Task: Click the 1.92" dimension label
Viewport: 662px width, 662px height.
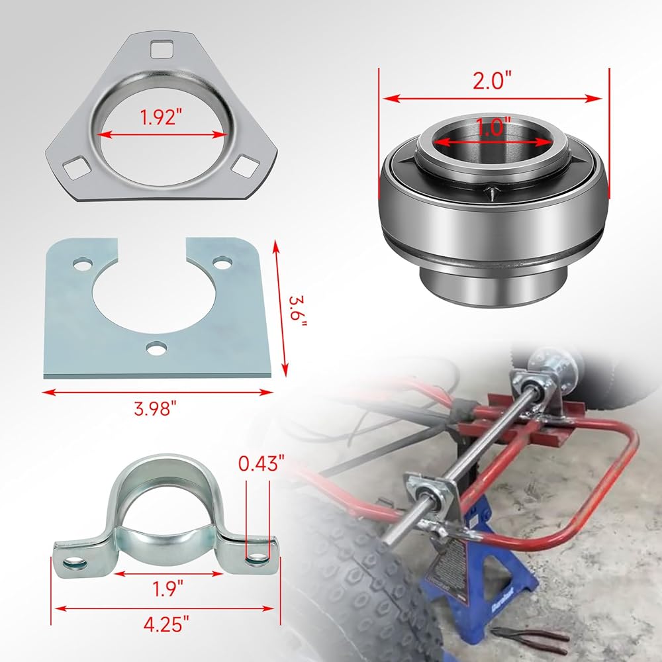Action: (x=162, y=117)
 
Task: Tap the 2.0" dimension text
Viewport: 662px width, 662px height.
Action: (x=492, y=79)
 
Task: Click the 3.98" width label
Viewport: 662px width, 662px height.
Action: (x=155, y=408)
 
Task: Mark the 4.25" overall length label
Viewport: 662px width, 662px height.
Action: (x=166, y=624)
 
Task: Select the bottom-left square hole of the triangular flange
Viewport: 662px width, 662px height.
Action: (x=77, y=167)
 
